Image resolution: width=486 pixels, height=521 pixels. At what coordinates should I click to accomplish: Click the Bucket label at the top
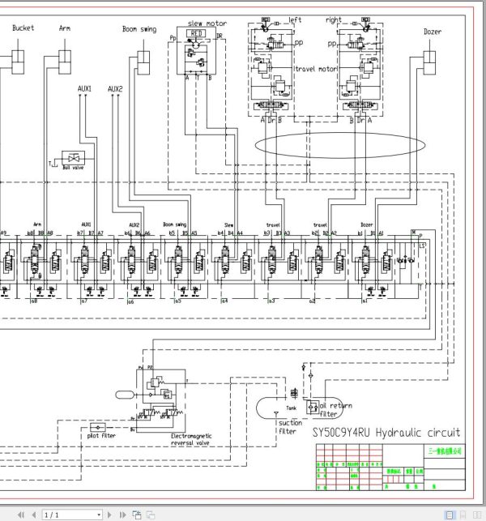(x=23, y=28)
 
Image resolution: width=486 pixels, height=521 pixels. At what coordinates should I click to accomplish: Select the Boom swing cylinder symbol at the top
(x=143, y=61)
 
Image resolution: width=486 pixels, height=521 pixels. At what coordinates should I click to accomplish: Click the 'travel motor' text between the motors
(x=315, y=70)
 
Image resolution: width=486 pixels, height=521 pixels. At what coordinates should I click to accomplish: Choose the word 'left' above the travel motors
(x=296, y=19)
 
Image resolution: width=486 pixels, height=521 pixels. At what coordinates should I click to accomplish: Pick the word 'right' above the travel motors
(x=333, y=19)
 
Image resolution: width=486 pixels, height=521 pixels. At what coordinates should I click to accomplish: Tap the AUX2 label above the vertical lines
(x=115, y=89)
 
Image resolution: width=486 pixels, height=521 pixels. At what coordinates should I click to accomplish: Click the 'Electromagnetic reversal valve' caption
(x=191, y=440)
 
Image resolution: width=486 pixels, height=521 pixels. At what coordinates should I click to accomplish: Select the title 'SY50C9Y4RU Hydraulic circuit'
(x=386, y=432)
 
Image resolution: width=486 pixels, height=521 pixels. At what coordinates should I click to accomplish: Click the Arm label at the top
(x=65, y=28)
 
